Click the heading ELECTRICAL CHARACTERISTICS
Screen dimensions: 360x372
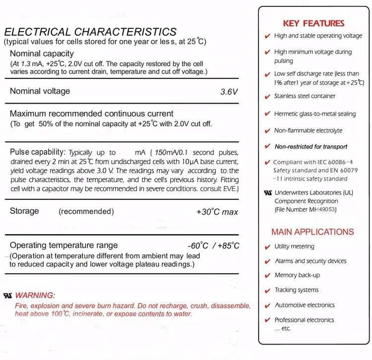tap(90, 32)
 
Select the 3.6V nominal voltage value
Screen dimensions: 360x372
tap(229, 92)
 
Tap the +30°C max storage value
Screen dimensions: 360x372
tap(217, 212)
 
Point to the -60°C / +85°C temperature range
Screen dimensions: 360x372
tap(213, 246)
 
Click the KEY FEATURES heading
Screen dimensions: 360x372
tap(313, 23)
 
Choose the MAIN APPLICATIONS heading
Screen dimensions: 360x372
tap(312, 232)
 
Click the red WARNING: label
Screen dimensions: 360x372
tap(35, 296)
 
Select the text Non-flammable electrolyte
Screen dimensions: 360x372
tap(308, 131)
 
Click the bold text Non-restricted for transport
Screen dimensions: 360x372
tap(311, 147)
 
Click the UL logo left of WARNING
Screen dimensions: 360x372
tap(8, 296)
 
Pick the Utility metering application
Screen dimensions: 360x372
tap(294, 246)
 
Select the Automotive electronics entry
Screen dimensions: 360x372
tap(305, 305)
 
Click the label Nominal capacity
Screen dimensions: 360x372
tap(42, 54)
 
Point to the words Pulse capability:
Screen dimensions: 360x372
tap(38, 152)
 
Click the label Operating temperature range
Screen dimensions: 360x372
tap(64, 245)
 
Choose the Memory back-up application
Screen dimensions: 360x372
tap(297, 275)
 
